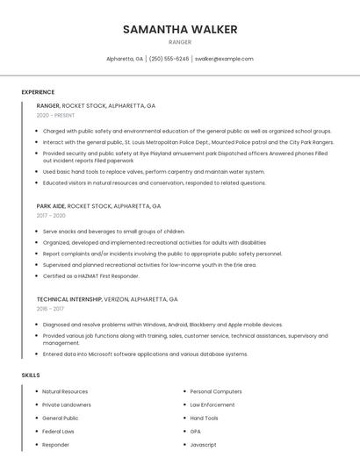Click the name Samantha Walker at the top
pyautogui.click(x=180, y=29)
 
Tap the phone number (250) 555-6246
pyautogui.click(x=169, y=59)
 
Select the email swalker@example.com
pyautogui.click(x=224, y=59)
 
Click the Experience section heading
pyautogui.click(x=38, y=92)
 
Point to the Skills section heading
pyautogui.click(x=31, y=376)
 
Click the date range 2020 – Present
pyautogui.click(x=55, y=115)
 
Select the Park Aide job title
pyautogui.click(x=51, y=206)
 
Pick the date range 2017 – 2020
pyautogui.click(x=51, y=216)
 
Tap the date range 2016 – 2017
pyautogui.click(x=50, y=309)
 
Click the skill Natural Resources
pyautogui.click(x=65, y=391)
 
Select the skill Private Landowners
pyautogui.click(x=67, y=404)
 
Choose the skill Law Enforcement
pyautogui.click(x=212, y=404)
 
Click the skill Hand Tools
pyautogui.click(x=205, y=418)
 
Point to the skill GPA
pyautogui.click(x=196, y=432)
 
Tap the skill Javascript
pyautogui.click(x=203, y=445)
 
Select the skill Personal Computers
pyautogui.click(x=216, y=391)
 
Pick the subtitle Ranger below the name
pyautogui.click(x=180, y=41)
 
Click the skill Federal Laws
pyautogui.click(x=58, y=432)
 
